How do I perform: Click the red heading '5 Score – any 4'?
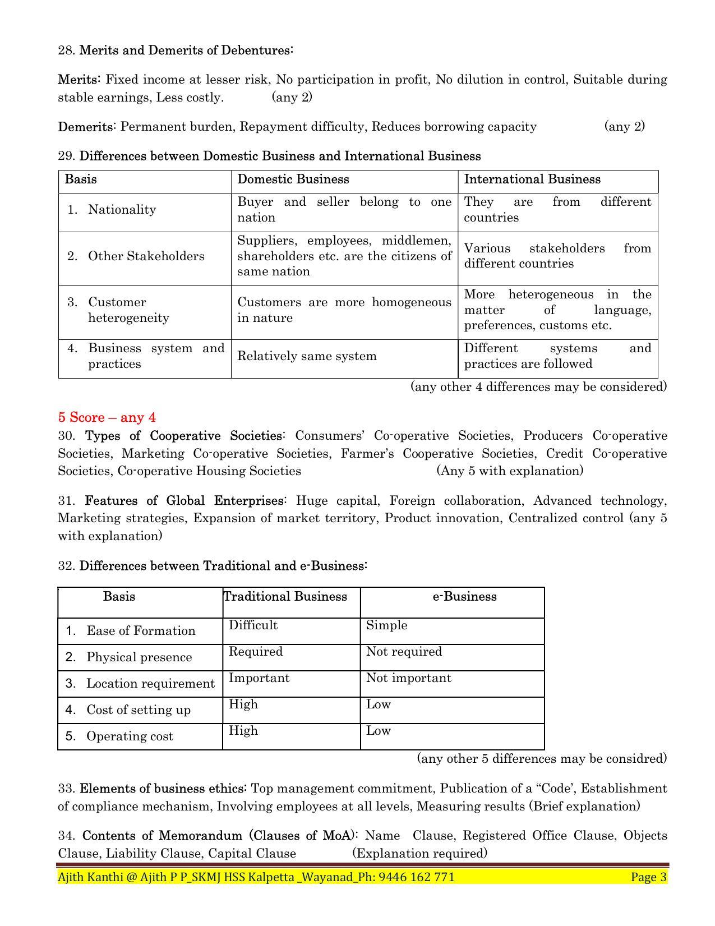coord(107,417)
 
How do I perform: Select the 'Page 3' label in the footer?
coord(649,877)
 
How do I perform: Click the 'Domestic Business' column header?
coord(293,179)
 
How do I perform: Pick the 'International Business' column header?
coord(532,179)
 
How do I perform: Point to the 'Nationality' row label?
coord(122,210)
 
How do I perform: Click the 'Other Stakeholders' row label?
coord(146,256)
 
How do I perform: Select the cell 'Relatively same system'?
coord(307,356)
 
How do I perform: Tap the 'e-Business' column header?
coord(464,596)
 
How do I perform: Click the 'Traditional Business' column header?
coord(285,596)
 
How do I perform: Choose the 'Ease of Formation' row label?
coord(141,631)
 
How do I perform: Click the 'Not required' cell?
coord(404,652)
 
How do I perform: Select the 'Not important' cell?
coord(408,678)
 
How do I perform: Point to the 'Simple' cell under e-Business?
coord(386,625)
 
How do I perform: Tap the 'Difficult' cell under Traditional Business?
coord(253,625)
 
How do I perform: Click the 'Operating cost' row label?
coord(130,736)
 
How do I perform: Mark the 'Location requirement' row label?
coord(150,684)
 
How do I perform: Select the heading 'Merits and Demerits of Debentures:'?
coord(186,50)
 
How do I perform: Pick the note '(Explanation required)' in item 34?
coord(419,854)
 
